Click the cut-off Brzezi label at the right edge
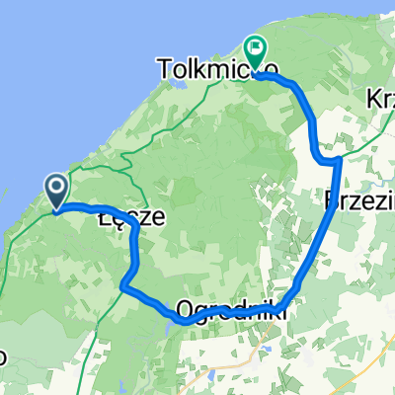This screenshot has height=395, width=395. tap(359, 201)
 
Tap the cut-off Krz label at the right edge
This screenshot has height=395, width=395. tap(380, 99)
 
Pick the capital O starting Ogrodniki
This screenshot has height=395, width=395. tap(186, 311)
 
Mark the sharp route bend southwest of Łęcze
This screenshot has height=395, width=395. tap(123, 286)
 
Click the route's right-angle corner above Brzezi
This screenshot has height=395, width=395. tap(339, 158)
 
